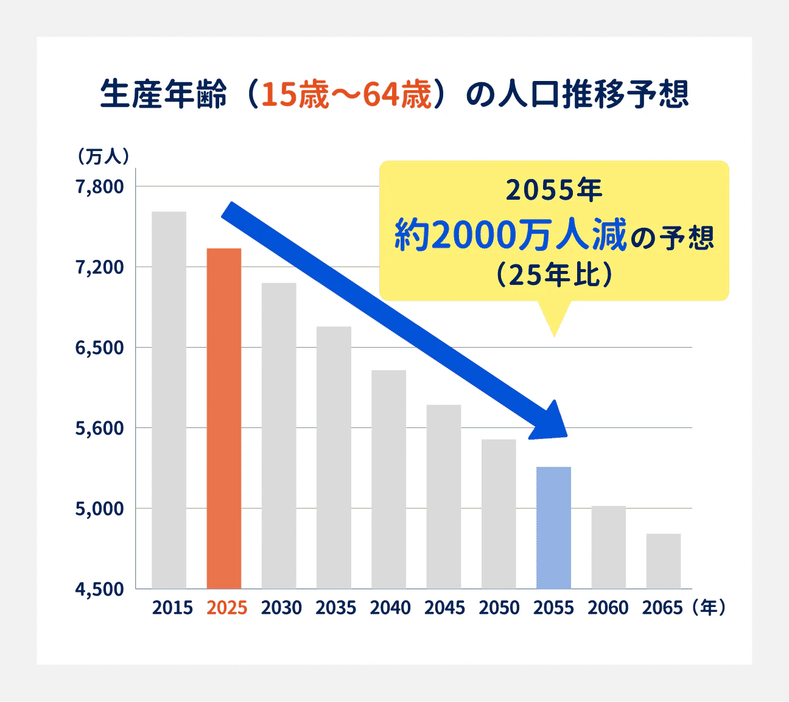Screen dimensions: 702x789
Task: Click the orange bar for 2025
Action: (x=224, y=418)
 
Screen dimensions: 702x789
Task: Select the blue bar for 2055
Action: (x=553, y=527)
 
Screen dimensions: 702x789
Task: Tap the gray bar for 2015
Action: (x=169, y=400)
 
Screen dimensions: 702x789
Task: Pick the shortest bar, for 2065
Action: (x=663, y=561)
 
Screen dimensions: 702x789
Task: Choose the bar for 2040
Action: (x=388, y=479)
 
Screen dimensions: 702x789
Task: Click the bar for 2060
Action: (x=608, y=547)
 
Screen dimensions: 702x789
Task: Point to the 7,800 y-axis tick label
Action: (x=99, y=187)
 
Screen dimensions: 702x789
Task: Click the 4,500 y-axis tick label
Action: (x=99, y=589)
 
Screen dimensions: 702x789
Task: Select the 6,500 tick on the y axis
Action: (x=99, y=348)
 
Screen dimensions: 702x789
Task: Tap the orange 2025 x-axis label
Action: (x=227, y=608)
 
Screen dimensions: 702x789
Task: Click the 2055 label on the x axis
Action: (x=553, y=608)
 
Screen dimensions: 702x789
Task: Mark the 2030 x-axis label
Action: (x=281, y=608)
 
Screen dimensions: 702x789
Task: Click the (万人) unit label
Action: (x=103, y=156)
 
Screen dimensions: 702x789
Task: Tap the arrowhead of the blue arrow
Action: (x=551, y=424)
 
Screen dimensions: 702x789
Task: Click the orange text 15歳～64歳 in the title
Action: (x=346, y=96)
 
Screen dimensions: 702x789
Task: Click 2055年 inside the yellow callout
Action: (x=553, y=191)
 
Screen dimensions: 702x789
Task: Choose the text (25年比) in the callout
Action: (x=553, y=275)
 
